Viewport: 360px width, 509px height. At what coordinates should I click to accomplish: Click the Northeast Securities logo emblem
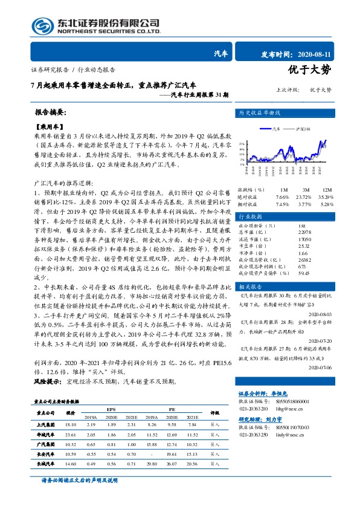[42, 26]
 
